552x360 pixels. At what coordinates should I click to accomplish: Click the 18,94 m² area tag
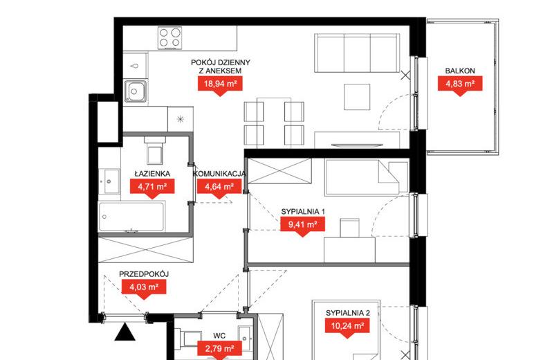[220, 84]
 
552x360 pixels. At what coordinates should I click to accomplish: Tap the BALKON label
[460, 71]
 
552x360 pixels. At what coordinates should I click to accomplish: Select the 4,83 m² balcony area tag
[460, 84]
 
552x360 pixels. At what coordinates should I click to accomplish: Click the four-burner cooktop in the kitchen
[169, 38]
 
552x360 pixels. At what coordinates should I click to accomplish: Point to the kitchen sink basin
[135, 91]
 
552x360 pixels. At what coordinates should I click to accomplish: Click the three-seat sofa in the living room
[357, 53]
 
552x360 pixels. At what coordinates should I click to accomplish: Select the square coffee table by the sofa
[357, 97]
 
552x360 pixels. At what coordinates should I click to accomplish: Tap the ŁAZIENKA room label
[152, 174]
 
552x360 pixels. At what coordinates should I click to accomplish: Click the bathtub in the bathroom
[131, 216]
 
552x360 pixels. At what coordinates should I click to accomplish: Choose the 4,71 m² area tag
[152, 187]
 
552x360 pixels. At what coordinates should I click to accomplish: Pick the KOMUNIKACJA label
[219, 174]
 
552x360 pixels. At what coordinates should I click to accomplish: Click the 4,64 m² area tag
[219, 187]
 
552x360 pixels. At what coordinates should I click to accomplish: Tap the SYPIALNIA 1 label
[303, 212]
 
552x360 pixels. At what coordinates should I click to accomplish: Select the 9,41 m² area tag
[302, 224]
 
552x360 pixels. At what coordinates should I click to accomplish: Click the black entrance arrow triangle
[125, 332]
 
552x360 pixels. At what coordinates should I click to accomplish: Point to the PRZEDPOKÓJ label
[144, 274]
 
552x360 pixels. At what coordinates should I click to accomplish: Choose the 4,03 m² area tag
[144, 287]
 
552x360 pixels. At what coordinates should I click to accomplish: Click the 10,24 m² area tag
[347, 326]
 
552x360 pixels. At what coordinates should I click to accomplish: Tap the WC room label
[219, 336]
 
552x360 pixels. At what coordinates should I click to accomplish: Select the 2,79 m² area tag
[219, 349]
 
